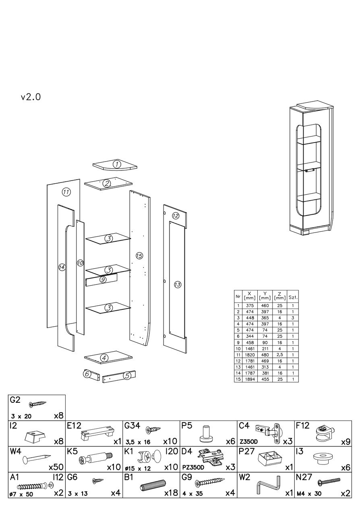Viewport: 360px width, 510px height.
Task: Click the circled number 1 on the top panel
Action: click(116, 164)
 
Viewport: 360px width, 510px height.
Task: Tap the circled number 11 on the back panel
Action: click(66, 192)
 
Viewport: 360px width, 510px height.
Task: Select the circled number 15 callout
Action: click(139, 256)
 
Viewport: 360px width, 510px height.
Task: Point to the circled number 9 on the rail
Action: click(103, 280)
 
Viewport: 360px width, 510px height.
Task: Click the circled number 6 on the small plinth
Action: click(86, 374)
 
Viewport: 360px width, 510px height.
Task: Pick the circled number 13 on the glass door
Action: click(178, 285)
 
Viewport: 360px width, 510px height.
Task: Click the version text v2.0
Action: click(31, 97)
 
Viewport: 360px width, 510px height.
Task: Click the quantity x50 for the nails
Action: click(56, 467)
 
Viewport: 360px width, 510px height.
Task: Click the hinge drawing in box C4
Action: click(268, 431)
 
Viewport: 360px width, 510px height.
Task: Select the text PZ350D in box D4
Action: click(192, 468)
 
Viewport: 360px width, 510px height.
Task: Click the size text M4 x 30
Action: click(308, 493)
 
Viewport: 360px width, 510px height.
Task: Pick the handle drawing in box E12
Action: click(96, 433)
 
